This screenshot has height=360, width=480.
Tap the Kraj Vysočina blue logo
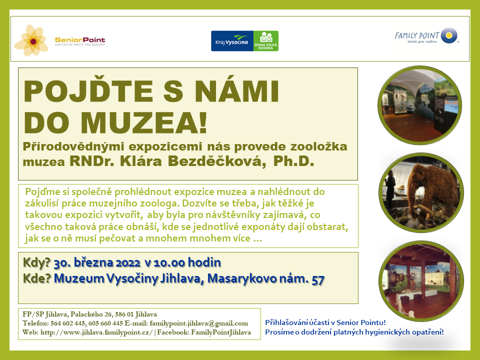pyautogui.click(x=232, y=41)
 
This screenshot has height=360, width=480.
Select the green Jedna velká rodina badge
pyautogui.click(x=265, y=41)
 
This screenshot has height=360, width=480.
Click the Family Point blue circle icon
pyautogui.click(x=449, y=35)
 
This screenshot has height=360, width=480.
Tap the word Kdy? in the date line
pyautogui.click(x=36, y=262)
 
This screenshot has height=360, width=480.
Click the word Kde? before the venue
pyautogui.click(x=36, y=278)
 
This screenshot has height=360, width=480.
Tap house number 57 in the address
pyautogui.click(x=318, y=279)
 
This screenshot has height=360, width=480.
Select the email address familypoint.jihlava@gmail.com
pyautogui.click(x=199, y=323)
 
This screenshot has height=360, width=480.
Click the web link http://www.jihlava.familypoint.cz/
pyautogui.click(x=96, y=332)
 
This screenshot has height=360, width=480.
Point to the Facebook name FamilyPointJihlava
pyautogui.click(x=221, y=332)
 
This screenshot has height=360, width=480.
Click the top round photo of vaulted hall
pyautogui.click(x=420, y=105)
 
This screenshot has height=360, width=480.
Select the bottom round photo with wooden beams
pyautogui.click(x=421, y=281)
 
